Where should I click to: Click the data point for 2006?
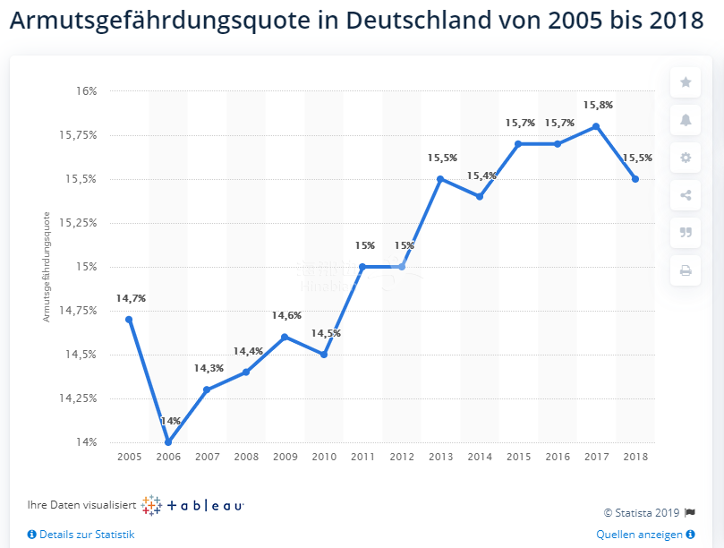[x=168, y=442]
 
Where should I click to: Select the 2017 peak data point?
[x=596, y=126]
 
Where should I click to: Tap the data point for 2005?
[x=129, y=320]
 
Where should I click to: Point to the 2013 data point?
[x=440, y=179]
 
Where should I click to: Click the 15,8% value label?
[x=598, y=105]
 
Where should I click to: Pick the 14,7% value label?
[x=131, y=298]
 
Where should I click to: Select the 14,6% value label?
[x=286, y=315]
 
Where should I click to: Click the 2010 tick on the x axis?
[x=324, y=458]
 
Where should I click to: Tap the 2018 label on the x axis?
[x=635, y=458]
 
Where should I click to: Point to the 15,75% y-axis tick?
[x=81, y=135]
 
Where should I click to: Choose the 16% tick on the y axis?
[x=87, y=91]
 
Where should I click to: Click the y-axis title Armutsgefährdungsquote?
[x=46, y=266]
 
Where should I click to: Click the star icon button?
[x=686, y=82]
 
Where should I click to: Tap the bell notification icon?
[x=686, y=120]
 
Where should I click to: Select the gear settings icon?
[x=686, y=158]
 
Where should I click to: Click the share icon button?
[x=686, y=195]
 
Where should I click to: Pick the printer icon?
[x=686, y=270]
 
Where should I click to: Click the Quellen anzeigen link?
[x=639, y=535]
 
